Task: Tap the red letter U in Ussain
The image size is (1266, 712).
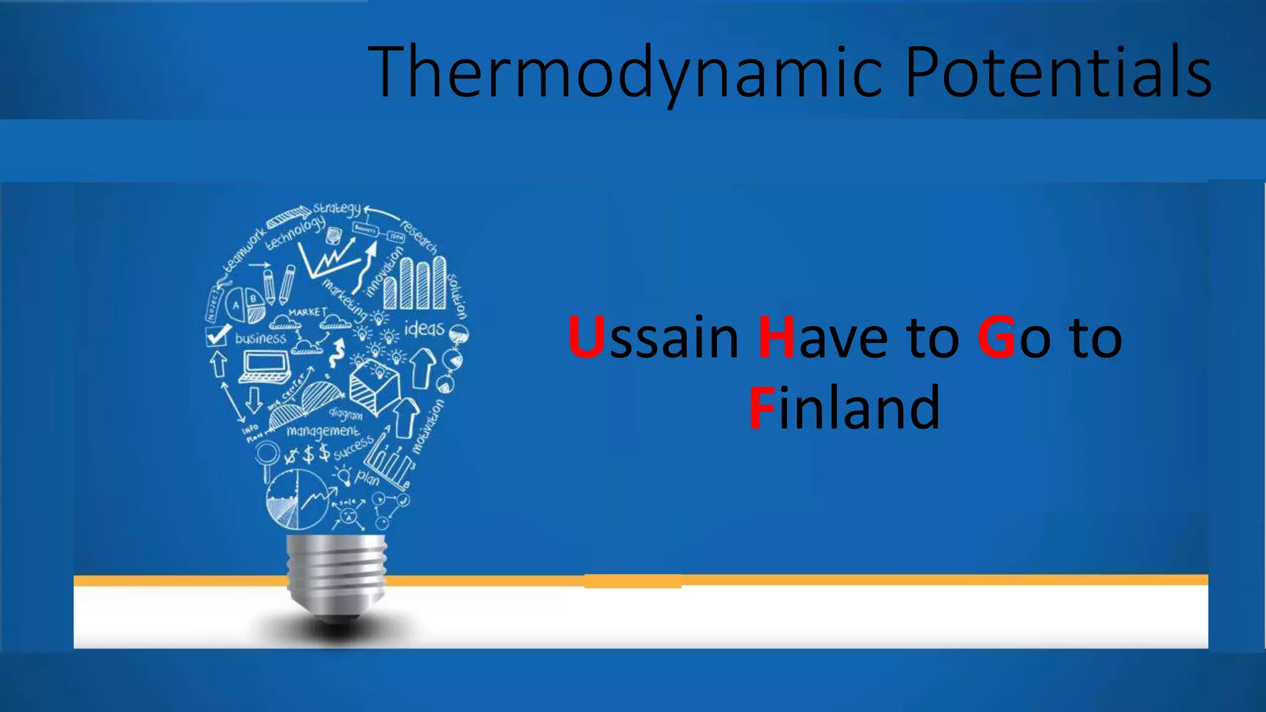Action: [x=585, y=337]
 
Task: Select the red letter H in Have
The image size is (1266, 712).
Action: [x=776, y=337]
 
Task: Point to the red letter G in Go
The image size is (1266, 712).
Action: [x=996, y=337]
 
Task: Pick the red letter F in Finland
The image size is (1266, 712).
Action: [x=762, y=408]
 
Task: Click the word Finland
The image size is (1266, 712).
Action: [x=844, y=408]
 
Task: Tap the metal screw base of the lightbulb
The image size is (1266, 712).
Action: [x=337, y=572]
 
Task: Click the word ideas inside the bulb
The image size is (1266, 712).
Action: [x=424, y=328]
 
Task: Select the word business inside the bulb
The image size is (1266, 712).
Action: [x=260, y=338]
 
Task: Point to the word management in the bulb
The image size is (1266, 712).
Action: [x=322, y=430]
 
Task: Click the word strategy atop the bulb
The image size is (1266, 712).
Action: [x=336, y=209]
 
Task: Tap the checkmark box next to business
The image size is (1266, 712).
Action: [x=217, y=335]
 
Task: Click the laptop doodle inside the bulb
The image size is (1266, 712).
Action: [x=265, y=367]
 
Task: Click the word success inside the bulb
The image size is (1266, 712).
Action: [x=354, y=448]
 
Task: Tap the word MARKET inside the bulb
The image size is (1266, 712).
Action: [x=307, y=312]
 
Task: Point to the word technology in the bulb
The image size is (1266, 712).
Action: [x=295, y=233]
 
